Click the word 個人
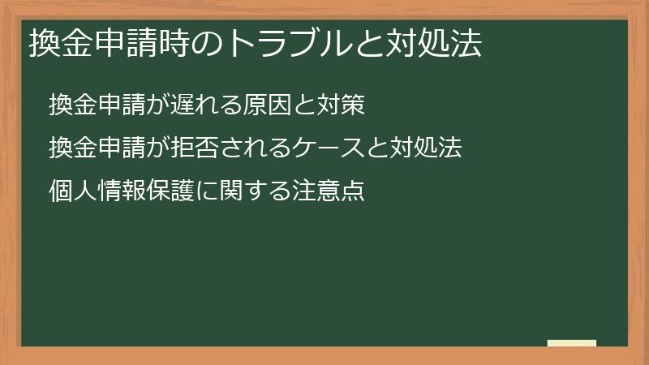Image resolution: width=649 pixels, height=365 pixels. (70, 191)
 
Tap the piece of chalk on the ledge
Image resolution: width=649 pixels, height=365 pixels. (572, 343)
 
